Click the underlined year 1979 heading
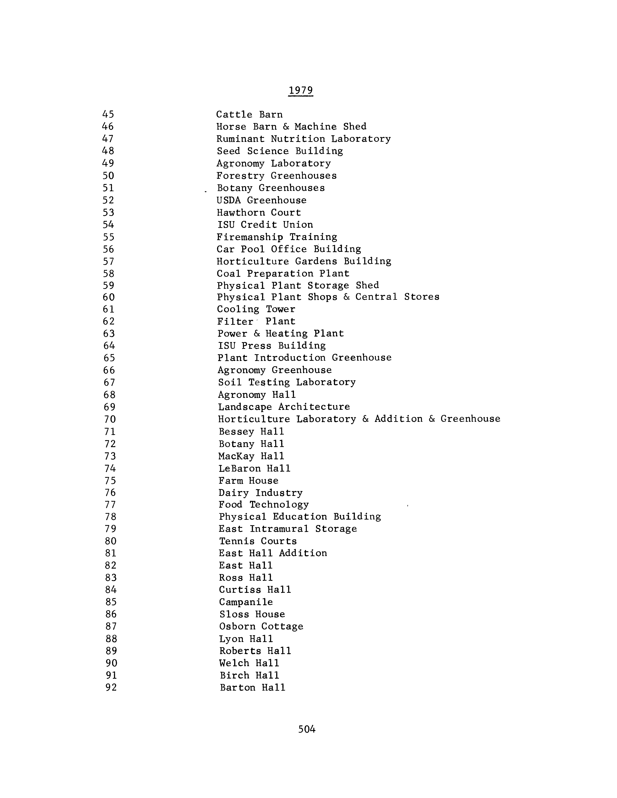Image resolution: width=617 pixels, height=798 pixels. [301, 90]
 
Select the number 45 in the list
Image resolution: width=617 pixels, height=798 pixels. [108, 114]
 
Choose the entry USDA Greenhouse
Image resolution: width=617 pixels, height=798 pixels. [261, 200]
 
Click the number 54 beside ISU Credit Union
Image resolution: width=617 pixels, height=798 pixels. [109, 225]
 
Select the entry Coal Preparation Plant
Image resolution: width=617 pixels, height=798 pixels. [283, 274]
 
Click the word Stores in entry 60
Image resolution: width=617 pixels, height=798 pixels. [422, 297]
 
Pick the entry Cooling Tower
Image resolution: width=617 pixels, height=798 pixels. [256, 309]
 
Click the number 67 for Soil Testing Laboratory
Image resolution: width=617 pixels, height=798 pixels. [109, 383]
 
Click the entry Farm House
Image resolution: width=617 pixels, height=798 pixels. [249, 480]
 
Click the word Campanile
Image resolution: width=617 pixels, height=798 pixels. [246, 602]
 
